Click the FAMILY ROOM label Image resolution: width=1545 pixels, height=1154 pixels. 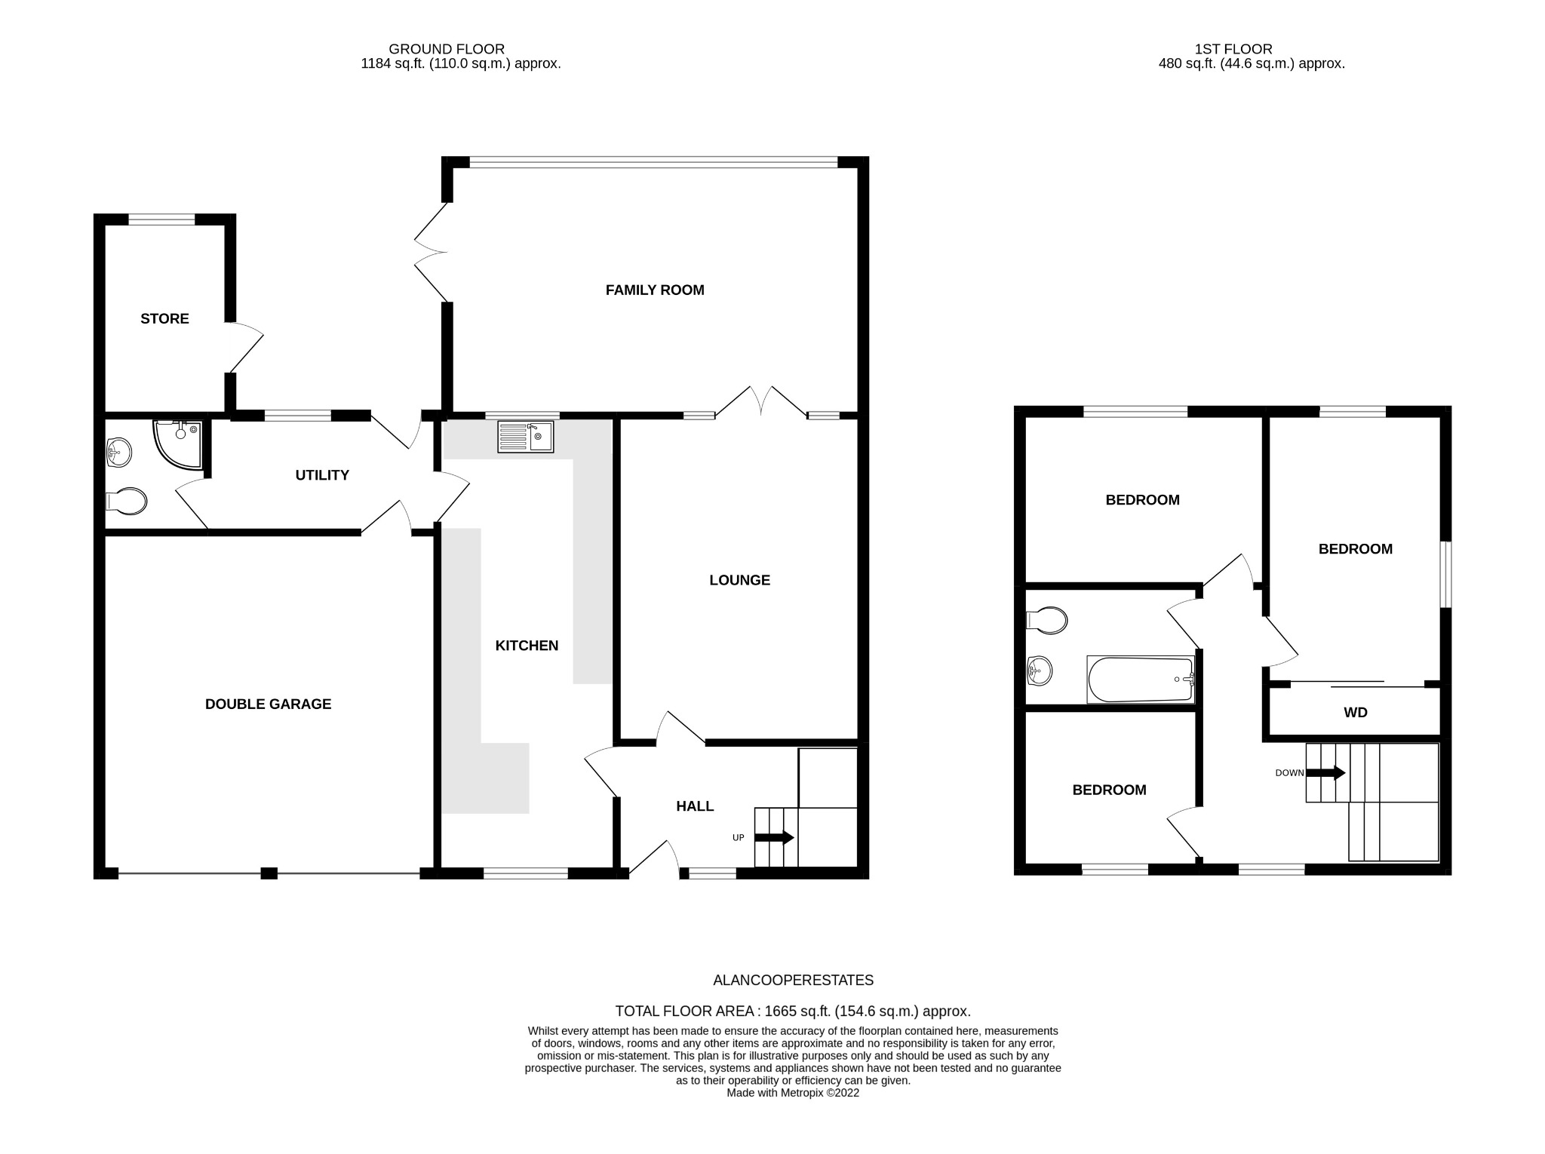point(655,290)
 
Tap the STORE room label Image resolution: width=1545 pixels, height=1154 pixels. point(164,318)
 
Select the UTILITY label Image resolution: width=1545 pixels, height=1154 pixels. point(322,475)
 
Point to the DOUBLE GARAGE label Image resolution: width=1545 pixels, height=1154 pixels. point(269,704)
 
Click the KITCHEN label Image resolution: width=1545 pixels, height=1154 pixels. point(527,646)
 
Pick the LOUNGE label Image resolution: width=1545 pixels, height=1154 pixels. point(740,580)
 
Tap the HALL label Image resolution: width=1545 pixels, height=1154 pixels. point(695,806)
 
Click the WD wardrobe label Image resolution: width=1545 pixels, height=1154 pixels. point(1356,712)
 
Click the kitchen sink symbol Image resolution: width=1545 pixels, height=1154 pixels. point(526,437)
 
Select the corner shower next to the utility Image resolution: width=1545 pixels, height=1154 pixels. point(178,443)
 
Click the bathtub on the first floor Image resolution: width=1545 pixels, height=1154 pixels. point(1141,679)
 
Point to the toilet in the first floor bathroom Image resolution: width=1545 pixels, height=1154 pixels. point(1047,621)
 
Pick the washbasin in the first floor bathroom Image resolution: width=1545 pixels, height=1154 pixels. point(1039,671)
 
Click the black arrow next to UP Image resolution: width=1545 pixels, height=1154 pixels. point(774,837)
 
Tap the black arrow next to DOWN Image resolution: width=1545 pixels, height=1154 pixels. point(1325,773)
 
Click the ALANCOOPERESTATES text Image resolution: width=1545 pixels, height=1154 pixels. point(794,981)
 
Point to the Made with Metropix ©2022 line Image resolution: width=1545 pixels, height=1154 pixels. point(793,1093)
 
